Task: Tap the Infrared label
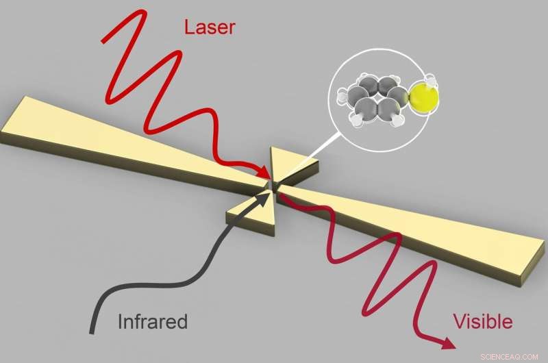point(153,321)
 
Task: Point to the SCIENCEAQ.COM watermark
point(510,355)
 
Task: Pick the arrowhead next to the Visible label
point(448,343)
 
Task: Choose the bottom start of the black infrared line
point(92,331)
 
